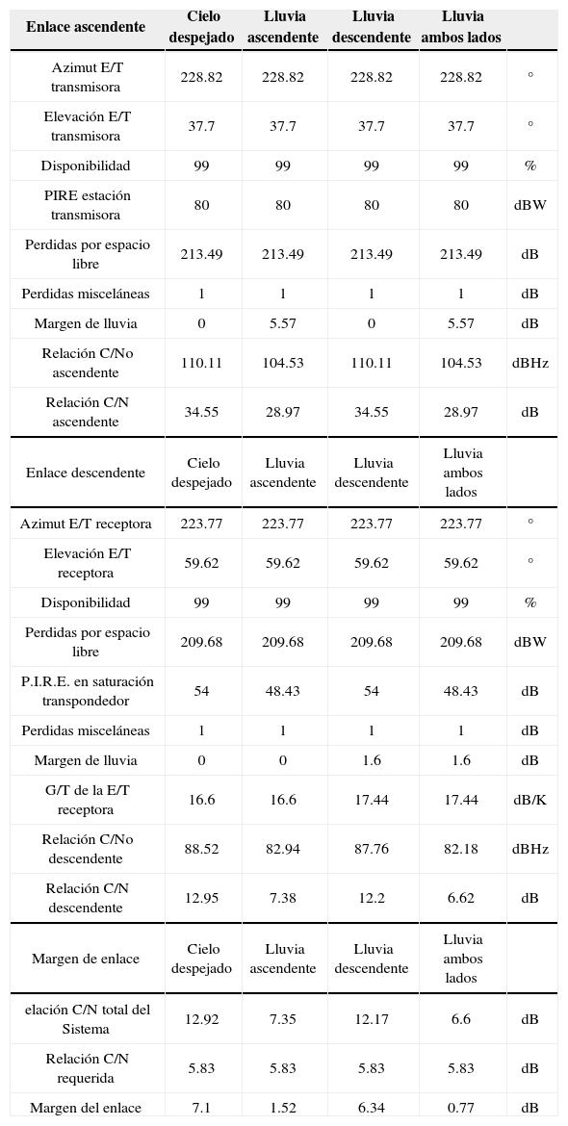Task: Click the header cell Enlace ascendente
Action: tap(86, 27)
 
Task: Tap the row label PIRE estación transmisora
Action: tap(87, 205)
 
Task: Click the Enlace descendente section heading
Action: tap(86, 473)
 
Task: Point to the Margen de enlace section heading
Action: tap(86, 959)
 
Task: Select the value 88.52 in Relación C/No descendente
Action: tap(201, 849)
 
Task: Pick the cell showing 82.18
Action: tap(461, 849)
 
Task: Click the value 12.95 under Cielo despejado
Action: tap(201, 898)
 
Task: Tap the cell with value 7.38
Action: tap(283, 898)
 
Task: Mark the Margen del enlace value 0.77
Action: tap(461, 1108)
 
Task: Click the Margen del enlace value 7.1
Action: tap(201, 1108)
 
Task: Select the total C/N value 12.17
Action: tap(372, 1019)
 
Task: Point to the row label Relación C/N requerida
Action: tap(87, 1068)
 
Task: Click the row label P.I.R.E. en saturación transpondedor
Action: tap(87, 691)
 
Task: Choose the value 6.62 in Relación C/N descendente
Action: tap(461, 898)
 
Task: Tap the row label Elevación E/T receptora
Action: tap(87, 563)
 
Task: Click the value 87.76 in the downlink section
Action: tap(372, 849)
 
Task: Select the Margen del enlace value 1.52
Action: tap(283, 1108)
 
